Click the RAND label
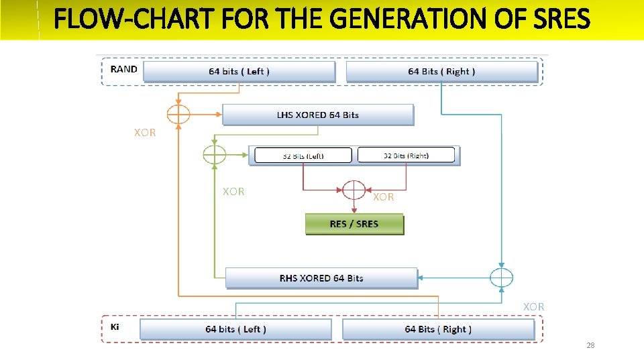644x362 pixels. click(124, 69)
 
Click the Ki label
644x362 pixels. click(115, 326)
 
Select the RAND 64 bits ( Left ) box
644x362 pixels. click(239, 72)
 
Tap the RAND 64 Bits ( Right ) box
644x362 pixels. click(441, 72)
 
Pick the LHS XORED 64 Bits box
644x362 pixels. click(318, 115)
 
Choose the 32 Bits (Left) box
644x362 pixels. click(303, 156)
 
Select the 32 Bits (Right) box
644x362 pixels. click(406, 156)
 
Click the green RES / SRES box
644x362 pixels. click(354, 224)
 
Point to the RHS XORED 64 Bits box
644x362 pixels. click(321, 278)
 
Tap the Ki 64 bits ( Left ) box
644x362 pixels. click(235, 329)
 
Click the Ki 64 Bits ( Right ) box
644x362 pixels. click(438, 329)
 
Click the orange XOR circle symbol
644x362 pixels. click(178, 115)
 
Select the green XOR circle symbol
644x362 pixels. click(214, 156)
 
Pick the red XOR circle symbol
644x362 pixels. click(354, 190)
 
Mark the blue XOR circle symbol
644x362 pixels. click(501, 278)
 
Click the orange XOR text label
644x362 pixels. click(145, 133)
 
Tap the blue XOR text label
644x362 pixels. click(534, 306)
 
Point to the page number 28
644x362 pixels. click(590, 345)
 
